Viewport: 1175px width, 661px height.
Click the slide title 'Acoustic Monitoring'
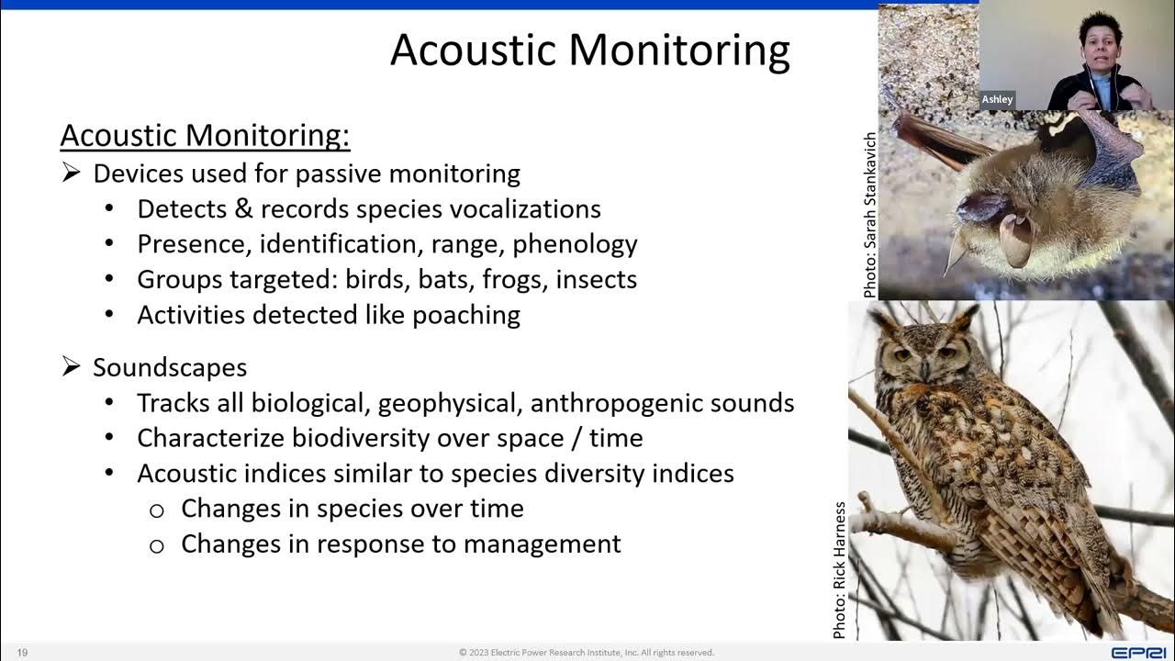click(589, 50)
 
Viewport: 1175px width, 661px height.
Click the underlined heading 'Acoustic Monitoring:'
click(205, 136)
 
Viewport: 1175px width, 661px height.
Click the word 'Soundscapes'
click(170, 367)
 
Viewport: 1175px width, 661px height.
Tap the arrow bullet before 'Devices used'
click(72, 173)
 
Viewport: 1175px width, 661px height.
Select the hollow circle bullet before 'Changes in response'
click(156, 545)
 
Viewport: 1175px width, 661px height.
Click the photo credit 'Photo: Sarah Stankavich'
click(869, 215)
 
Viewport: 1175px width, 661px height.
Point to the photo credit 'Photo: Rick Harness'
click(839, 569)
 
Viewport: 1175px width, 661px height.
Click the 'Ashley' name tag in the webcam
click(997, 99)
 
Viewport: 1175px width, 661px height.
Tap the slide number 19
click(22, 653)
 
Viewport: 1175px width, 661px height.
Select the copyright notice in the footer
click(587, 653)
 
